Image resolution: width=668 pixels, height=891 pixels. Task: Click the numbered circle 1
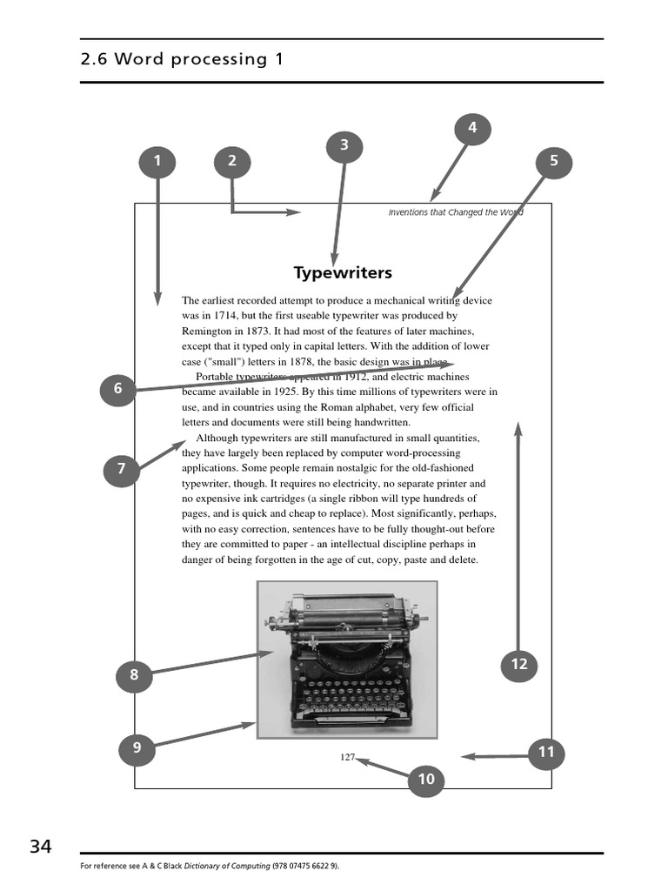[x=157, y=161]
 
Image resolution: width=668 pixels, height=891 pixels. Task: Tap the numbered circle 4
[x=472, y=129]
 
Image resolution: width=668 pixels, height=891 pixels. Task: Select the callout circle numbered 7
[x=121, y=470]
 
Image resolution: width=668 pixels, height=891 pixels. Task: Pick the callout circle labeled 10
[x=426, y=780]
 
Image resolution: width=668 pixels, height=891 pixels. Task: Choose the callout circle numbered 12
[x=519, y=665]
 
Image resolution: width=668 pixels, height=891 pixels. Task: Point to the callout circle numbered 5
[x=554, y=161]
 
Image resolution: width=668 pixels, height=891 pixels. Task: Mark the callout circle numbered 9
[x=137, y=747]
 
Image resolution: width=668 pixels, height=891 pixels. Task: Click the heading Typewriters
[x=343, y=273]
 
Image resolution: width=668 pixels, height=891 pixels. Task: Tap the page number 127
[x=348, y=757]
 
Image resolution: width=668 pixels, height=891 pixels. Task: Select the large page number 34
[x=41, y=847]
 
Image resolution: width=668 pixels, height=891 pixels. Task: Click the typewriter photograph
[x=347, y=660]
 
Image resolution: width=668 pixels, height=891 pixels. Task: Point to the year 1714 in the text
[x=221, y=316]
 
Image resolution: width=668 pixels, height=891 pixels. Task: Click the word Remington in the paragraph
[x=204, y=331]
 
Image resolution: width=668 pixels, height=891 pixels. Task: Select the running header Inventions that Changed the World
[x=456, y=212]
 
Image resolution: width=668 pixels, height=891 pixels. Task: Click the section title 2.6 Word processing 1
[x=181, y=59]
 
